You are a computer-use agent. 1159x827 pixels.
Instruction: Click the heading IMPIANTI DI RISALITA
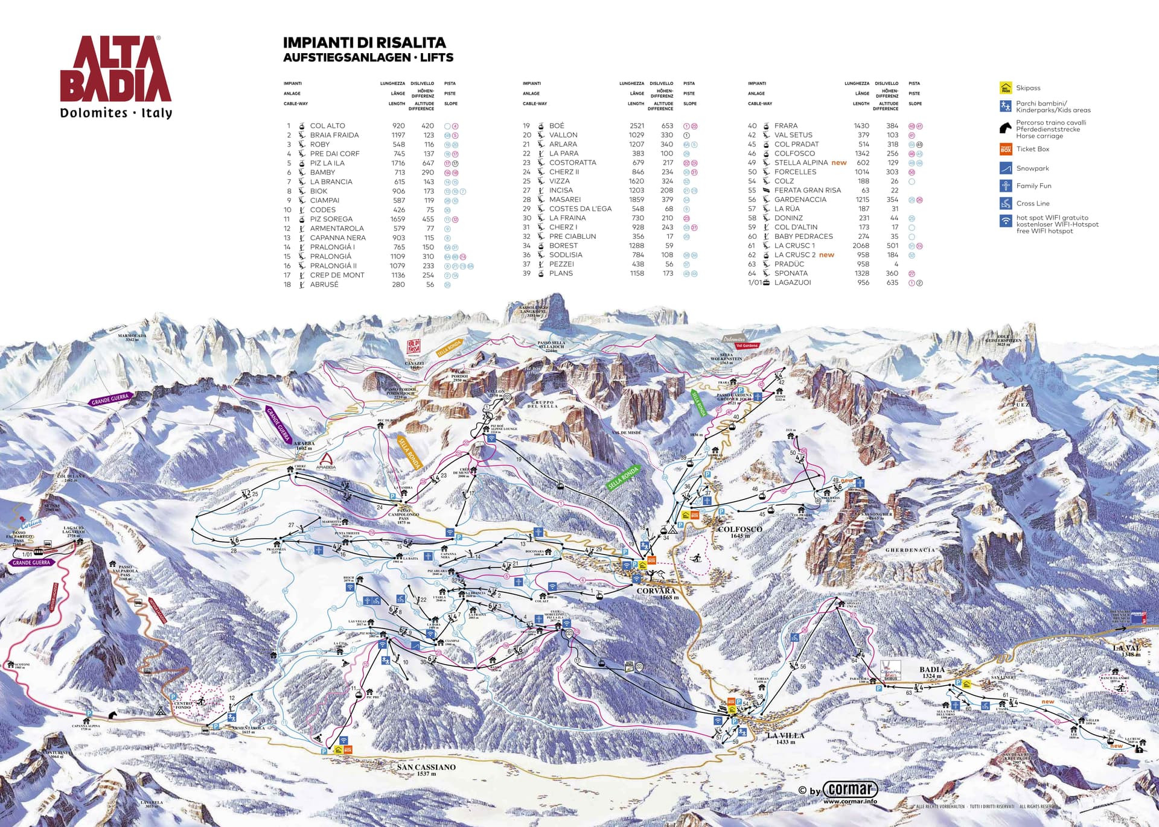(364, 43)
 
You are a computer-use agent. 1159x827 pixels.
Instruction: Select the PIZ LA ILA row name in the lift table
(327, 163)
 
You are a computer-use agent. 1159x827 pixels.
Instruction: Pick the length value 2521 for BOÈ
(636, 126)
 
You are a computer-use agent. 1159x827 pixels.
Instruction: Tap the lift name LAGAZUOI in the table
(793, 282)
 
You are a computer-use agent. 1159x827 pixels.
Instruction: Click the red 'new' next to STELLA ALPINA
(839, 163)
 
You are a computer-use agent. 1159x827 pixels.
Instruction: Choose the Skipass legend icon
(1005, 88)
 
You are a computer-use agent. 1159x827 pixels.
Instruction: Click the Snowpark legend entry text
(1032, 168)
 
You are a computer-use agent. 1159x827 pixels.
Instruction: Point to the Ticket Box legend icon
(1005, 149)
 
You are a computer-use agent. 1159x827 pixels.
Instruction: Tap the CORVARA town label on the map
(656, 591)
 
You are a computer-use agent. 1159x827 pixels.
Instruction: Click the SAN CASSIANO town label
(426, 767)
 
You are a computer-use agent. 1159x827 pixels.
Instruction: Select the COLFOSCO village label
(739, 530)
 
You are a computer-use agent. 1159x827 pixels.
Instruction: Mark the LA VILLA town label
(785, 736)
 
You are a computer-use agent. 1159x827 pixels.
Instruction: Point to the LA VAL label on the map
(1126, 648)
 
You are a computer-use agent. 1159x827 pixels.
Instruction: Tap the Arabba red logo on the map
(326, 461)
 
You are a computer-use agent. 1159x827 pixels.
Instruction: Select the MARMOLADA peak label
(132, 336)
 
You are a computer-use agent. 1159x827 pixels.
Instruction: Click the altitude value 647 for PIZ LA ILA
(428, 163)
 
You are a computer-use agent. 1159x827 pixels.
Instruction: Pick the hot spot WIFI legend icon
(1005, 221)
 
